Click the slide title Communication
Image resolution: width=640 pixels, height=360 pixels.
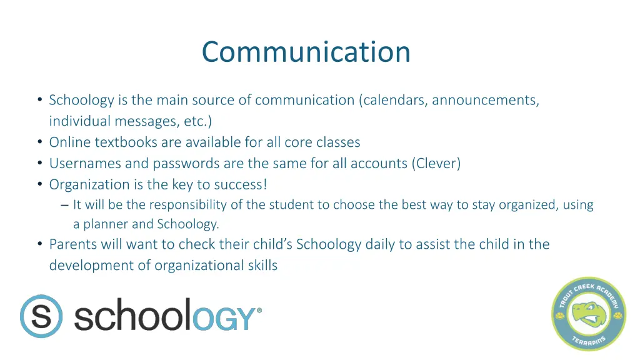coord(306,51)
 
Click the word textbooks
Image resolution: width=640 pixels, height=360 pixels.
coord(126,142)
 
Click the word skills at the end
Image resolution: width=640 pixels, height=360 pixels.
coord(261,266)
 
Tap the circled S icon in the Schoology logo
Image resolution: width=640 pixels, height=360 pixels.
coord(41,316)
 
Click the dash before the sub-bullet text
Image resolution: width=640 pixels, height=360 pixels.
coord(65,205)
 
